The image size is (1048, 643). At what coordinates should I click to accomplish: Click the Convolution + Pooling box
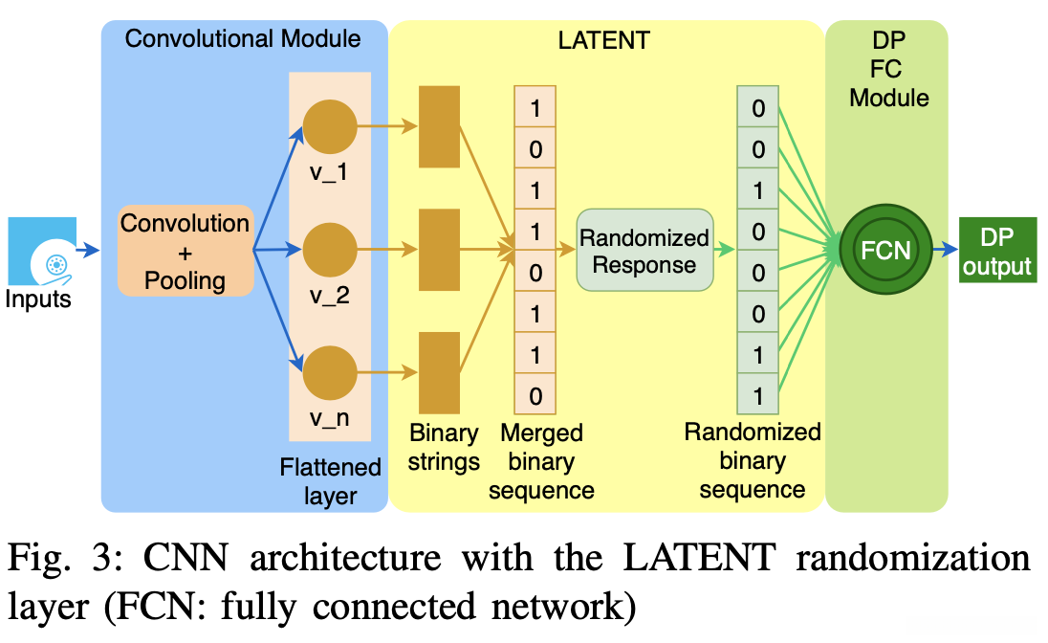[186, 251]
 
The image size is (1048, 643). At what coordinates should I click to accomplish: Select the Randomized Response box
[644, 251]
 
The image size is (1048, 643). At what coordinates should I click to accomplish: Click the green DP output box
[997, 251]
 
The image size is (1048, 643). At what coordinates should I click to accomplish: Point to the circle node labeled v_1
[330, 126]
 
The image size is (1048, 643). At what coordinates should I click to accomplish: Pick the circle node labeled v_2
[330, 251]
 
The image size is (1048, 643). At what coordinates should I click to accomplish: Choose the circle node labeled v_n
[330, 374]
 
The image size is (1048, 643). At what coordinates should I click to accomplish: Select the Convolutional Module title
[243, 39]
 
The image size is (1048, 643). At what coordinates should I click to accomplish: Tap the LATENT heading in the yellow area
[603, 40]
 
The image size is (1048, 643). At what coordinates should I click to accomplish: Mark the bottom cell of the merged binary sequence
[535, 394]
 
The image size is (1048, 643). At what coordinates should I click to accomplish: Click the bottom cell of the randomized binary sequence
[758, 394]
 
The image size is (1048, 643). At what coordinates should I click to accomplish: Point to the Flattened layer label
[331, 481]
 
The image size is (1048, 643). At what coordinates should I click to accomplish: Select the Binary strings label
[443, 447]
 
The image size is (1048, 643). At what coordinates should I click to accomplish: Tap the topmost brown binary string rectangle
[439, 124]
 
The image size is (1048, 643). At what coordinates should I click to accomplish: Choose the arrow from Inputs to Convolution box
[88, 251]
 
